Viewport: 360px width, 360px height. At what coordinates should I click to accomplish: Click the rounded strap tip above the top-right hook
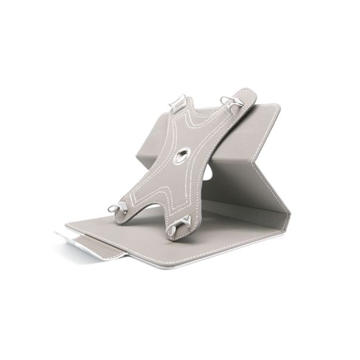tap(245, 93)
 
